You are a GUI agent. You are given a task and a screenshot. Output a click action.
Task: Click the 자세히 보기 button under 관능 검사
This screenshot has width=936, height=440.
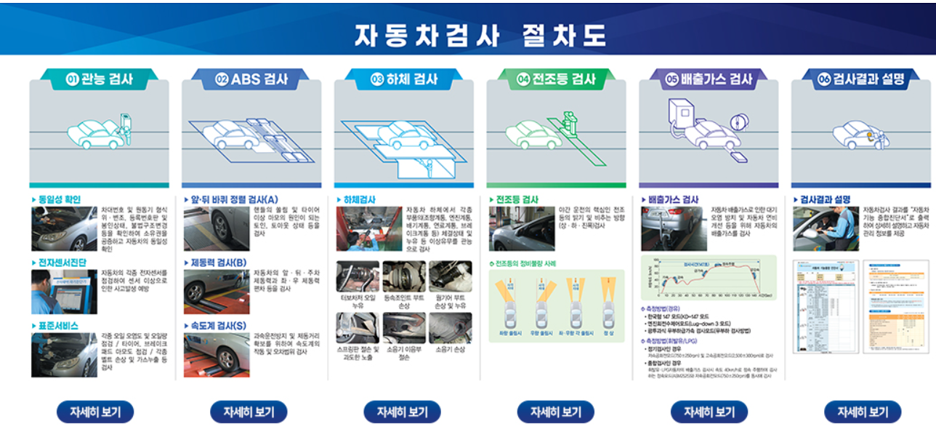pyautogui.click(x=95, y=412)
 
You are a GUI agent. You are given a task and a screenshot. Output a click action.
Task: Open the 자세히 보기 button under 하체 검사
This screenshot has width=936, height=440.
pyautogui.click(x=402, y=412)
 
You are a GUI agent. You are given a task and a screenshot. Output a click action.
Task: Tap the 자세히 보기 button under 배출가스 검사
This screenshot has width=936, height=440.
pyautogui.click(x=709, y=412)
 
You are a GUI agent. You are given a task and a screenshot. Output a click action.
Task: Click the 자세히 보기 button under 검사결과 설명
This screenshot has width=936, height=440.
pyautogui.click(x=862, y=412)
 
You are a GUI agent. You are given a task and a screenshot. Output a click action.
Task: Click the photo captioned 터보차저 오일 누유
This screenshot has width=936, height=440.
pyautogui.click(x=358, y=277)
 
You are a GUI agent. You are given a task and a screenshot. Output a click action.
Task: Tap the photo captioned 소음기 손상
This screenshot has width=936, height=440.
pyautogui.click(x=450, y=328)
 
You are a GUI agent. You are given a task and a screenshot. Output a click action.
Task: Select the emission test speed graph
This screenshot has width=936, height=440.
pyautogui.click(x=709, y=278)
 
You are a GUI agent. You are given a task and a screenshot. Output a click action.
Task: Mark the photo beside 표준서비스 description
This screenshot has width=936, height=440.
pyautogui.click(x=64, y=355)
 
